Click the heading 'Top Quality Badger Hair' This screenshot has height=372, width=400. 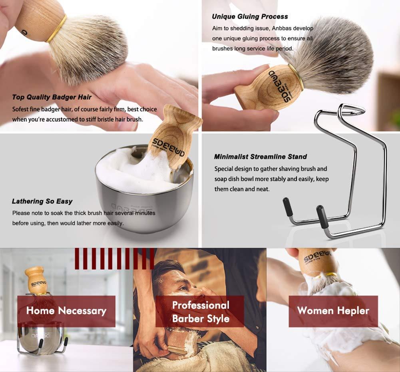(x=52, y=97)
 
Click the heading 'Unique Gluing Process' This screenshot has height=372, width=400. (x=250, y=16)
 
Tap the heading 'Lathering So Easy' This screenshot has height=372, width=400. (x=42, y=201)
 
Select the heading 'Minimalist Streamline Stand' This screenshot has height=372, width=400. (x=260, y=157)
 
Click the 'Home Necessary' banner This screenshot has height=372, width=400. (x=66, y=311)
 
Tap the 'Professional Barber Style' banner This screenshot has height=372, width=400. (x=200, y=312)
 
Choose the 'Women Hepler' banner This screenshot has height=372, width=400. (x=333, y=311)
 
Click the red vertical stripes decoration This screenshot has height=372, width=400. (x=114, y=258)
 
